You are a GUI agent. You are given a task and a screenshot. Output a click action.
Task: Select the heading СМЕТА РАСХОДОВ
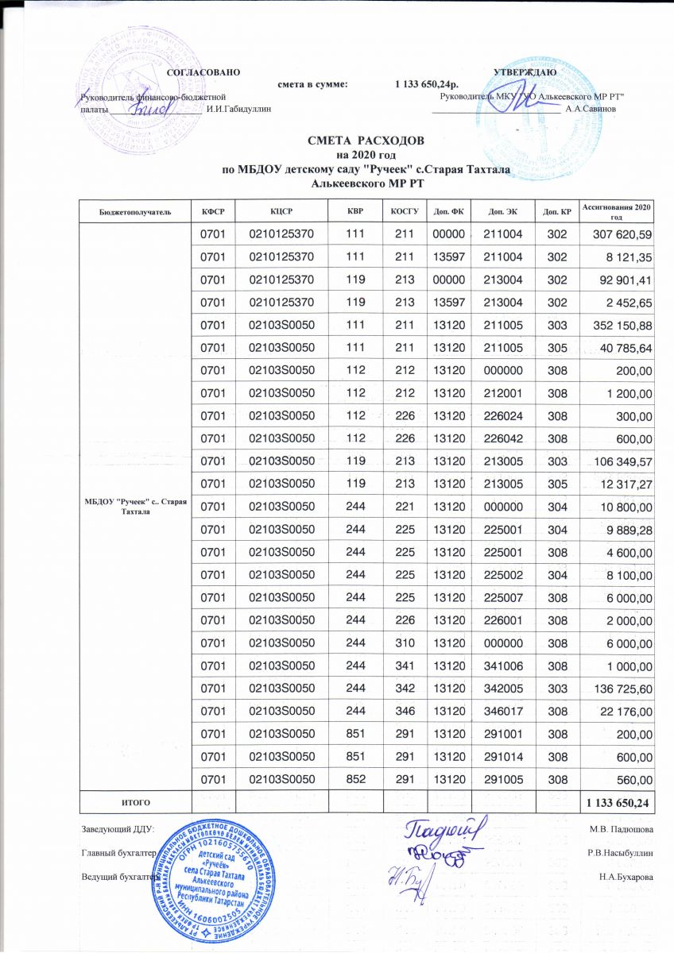pyautogui.click(x=366, y=141)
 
